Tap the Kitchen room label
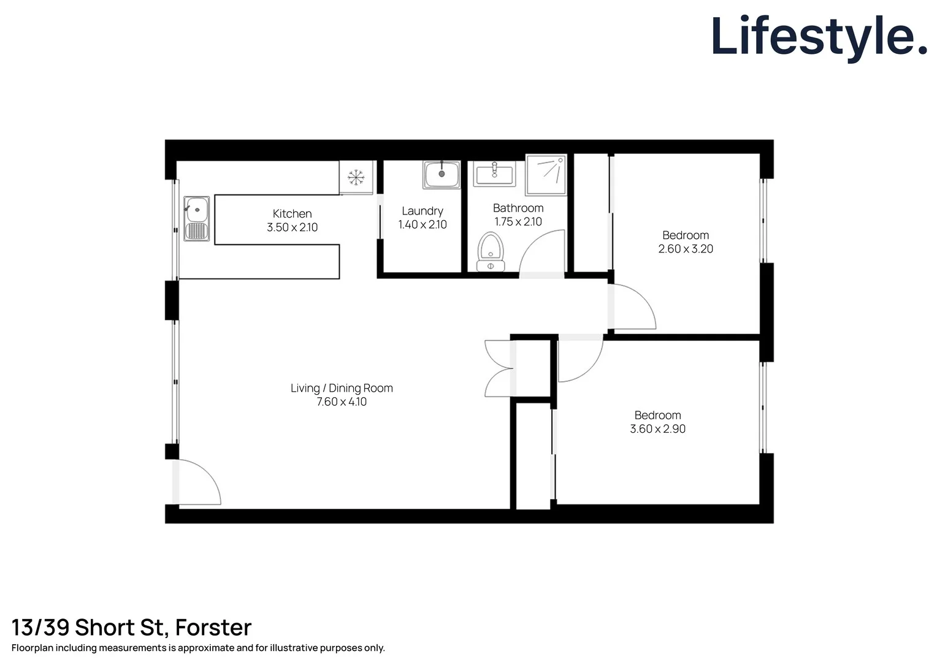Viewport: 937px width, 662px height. (292, 214)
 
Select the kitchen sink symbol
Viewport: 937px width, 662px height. (196, 219)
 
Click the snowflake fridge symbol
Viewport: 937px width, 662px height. (356, 178)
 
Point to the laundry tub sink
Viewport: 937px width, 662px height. (441, 175)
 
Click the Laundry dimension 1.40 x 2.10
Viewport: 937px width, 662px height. (423, 225)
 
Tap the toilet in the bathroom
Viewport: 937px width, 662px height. (491, 251)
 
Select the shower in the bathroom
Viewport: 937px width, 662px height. (546, 175)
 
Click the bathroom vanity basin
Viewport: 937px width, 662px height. (494, 174)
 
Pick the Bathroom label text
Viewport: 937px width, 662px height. (518, 208)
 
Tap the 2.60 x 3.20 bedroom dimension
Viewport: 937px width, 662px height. (686, 249)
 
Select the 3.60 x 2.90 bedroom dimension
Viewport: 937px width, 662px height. (657, 429)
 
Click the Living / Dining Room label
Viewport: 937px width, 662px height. (342, 388)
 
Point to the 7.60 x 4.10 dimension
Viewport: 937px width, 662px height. (342, 402)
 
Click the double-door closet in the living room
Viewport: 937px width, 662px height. (500, 368)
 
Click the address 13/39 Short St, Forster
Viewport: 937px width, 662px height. (131, 628)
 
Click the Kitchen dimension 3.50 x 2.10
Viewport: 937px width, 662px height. (292, 227)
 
